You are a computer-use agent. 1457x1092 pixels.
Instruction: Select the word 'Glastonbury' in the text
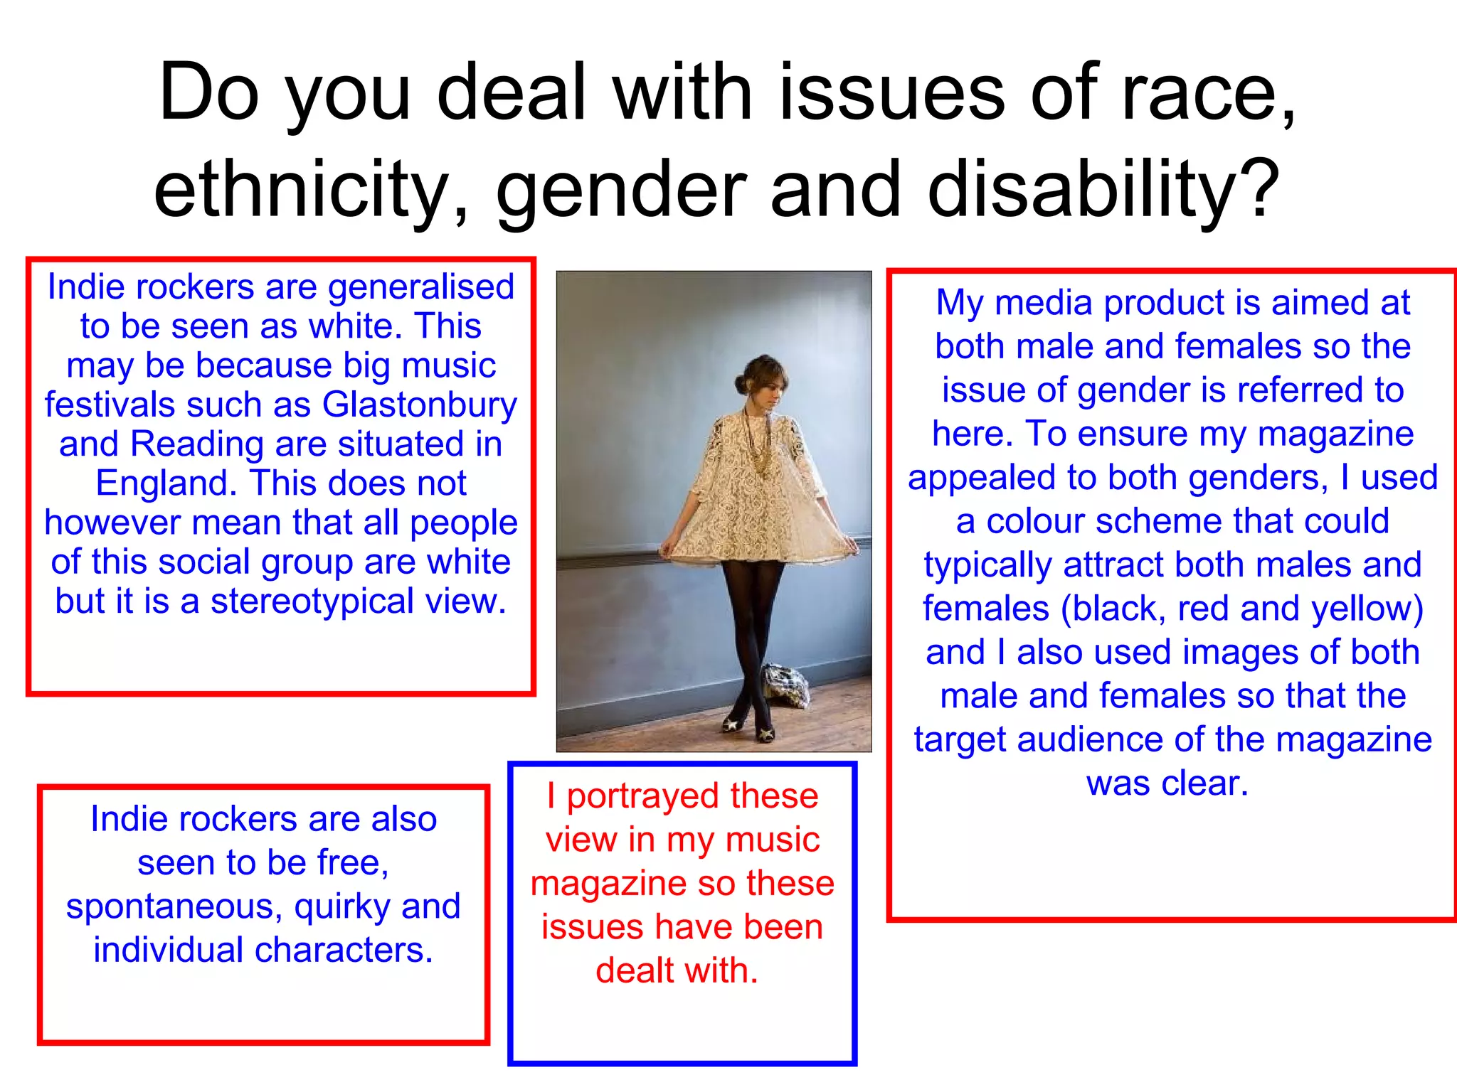(420, 405)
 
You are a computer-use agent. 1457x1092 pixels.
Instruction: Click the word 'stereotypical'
(312, 601)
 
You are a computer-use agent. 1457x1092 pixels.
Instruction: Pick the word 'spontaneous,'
(174, 907)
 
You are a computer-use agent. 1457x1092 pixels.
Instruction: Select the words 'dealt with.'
(677, 971)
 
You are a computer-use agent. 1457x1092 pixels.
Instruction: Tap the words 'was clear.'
(1167, 783)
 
